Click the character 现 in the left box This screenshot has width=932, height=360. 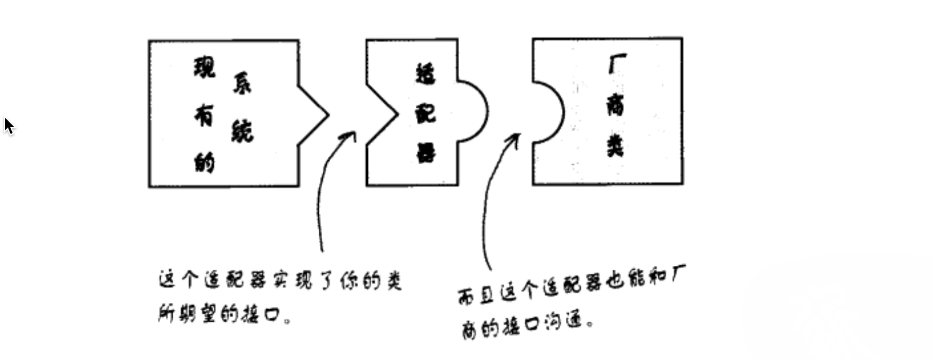pyautogui.click(x=205, y=67)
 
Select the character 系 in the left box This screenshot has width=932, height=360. pyautogui.click(x=242, y=84)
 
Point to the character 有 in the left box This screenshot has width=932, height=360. pyautogui.click(x=204, y=115)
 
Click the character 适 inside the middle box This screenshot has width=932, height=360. pyautogui.click(x=425, y=74)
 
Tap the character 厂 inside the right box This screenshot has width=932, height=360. pyautogui.click(x=617, y=64)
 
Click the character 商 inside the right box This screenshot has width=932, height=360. pyautogui.click(x=616, y=104)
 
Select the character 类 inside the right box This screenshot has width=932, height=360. pyautogui.click(x=616, y=146)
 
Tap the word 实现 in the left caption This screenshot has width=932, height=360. pyautogui.click(x=292, y=280)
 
